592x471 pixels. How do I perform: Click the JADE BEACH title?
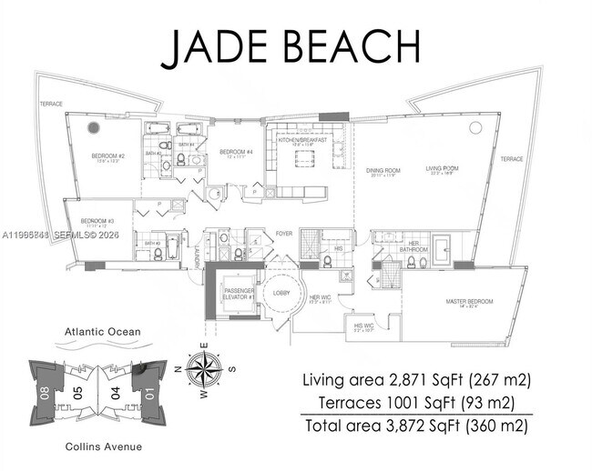(x=291, y=47)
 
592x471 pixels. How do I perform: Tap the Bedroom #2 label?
(x=107, y=156)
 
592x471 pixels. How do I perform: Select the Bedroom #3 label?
(x=96, y=221)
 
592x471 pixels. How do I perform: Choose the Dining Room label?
(x=384, y=170)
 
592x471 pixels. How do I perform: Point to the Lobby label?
(x=279, y=293)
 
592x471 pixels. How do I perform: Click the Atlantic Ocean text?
(x=102, y=332)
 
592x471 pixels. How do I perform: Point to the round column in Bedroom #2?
(x=93, y=128)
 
